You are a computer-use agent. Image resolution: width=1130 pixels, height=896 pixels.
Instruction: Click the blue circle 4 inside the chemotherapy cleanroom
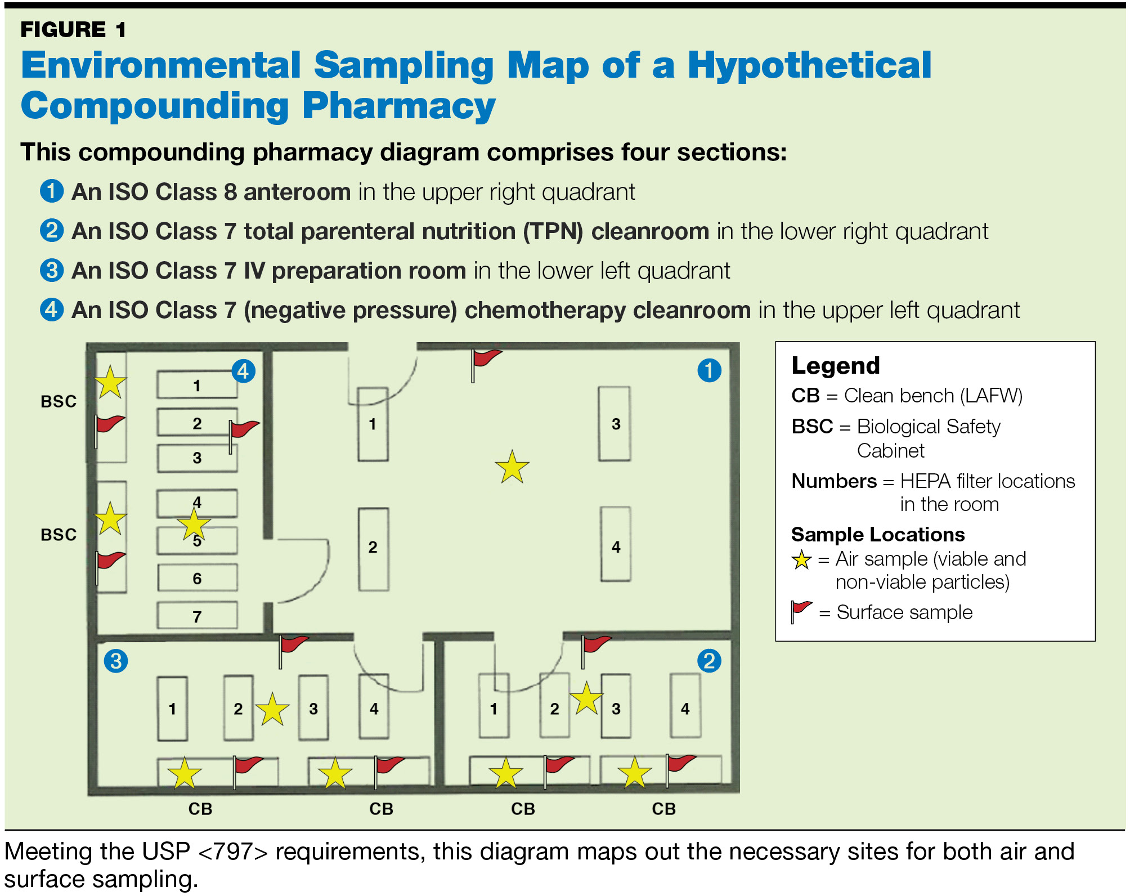point(243,371)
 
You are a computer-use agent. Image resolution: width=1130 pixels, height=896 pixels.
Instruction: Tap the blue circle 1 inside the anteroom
point(709,370)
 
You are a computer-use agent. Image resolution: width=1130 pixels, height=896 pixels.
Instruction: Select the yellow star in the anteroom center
point(512,467)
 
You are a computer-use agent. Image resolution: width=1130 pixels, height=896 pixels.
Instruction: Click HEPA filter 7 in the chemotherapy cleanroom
point(197,616)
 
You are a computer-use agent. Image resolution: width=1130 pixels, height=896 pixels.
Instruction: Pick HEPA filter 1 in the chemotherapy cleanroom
point(197,385)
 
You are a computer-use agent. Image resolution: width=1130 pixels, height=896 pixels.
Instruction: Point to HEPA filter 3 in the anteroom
point(615,424)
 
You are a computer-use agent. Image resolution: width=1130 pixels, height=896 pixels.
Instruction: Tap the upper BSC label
point(59,401)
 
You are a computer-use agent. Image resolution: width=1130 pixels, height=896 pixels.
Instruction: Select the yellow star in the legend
point(801,560)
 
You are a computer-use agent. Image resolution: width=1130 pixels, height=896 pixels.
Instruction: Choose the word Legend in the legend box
point(835,366)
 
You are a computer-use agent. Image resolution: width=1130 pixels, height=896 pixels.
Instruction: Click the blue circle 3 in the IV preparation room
point(116,661)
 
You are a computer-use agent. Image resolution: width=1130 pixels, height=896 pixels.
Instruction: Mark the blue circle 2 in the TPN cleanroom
point(709,661)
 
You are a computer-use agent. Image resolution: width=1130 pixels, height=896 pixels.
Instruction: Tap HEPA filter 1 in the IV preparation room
point(172,709)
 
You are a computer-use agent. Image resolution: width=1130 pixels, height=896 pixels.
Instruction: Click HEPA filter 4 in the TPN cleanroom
point(685,709)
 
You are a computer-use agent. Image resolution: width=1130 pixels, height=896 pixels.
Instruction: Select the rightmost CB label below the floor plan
point(663,809)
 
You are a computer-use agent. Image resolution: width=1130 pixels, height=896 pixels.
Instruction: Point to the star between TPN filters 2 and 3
point(586,698)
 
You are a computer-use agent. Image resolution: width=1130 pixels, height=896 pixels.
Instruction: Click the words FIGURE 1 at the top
point(73,29)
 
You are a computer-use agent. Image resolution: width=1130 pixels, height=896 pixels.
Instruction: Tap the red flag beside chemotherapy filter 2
point(243,431)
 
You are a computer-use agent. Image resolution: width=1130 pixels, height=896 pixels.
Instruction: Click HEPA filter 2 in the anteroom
point(373,547)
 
